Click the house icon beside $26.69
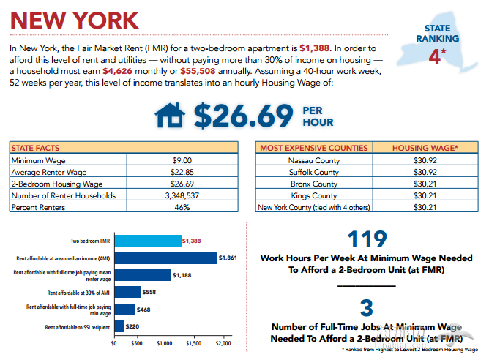[x=170, y=116]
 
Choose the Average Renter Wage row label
[x=44, y=171]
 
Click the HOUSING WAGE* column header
[x=425, y=147]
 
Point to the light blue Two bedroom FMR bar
[x=147, y=240]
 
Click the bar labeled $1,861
[x=165, y=258]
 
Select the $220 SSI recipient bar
[x=119, y=326]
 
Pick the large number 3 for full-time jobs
[x=366, y=307]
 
